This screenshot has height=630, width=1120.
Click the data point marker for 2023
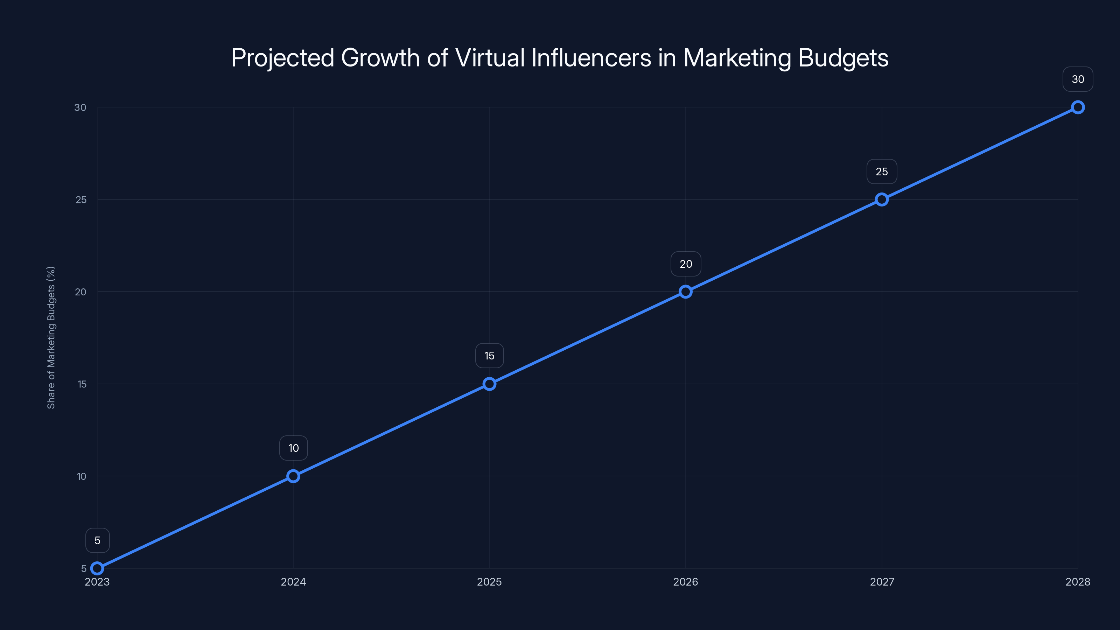click(97, 568)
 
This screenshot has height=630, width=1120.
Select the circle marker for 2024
click(294, 476)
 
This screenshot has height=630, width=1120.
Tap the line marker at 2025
click(490, 384)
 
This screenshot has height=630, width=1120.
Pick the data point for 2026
click(686, 292)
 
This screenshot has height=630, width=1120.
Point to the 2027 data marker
click(882, 199)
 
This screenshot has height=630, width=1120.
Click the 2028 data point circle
click(1078, 107)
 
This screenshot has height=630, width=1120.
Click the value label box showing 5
click(97, 540)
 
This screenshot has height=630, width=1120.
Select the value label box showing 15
click(490, 356)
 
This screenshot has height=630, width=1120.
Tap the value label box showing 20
click(686, 264)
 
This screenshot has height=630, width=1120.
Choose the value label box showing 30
click(1078, 79)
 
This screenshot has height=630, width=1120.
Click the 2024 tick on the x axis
click(294, 582)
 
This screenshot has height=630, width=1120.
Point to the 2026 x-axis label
click(686, 582)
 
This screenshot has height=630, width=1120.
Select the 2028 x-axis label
click(1078, 582)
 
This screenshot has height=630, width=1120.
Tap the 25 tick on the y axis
click(81, 199)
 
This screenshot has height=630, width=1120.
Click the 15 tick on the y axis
click(82, 384)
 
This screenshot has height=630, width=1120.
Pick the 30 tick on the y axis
click(80, 107)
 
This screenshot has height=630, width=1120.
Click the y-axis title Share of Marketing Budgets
click(51, 337)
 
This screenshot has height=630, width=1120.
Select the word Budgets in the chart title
click(843, 57)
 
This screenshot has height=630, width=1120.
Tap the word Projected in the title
click(282, 57)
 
